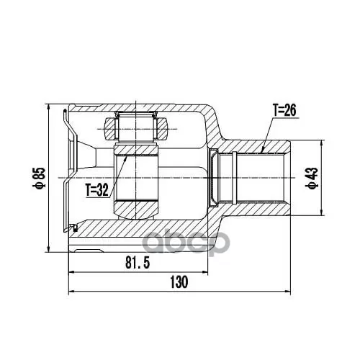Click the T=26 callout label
click(284, 110)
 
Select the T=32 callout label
click(97, 190)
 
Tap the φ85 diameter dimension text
click(40, 178)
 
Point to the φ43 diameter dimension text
click(313, 178)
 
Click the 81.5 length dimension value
click(138, 262)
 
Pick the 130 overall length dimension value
click(179, 282)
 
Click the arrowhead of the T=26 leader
click(263, 150)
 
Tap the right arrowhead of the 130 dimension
click(287, 292)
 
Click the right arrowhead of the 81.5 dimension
click(204, 272)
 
